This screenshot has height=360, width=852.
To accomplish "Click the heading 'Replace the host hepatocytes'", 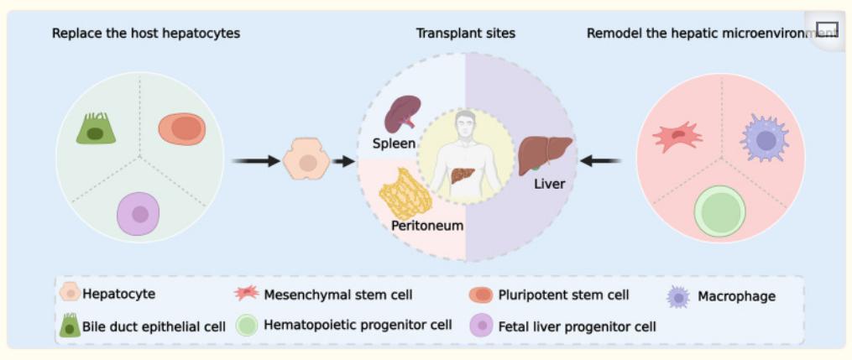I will click(145, 34).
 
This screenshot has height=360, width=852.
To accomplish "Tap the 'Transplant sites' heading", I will click(465, 34).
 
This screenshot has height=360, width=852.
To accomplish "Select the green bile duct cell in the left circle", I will click(96, 128).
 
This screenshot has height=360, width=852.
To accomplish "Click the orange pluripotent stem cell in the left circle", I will click(182, 129).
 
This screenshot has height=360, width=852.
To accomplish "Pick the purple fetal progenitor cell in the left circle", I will click(139, 213).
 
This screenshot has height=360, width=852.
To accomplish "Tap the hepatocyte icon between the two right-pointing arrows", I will click(306, 160).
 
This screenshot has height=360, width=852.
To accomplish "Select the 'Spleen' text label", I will click(394, 143).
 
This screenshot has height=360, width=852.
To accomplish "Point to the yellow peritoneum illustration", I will click(405, 195).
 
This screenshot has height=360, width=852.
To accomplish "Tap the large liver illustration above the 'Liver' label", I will click(545, 154).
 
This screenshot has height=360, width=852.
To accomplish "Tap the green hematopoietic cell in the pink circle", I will click(720, 211).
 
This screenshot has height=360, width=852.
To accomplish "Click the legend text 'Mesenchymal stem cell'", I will click(338, 295).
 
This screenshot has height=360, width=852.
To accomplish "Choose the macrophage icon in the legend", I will click(678, 297).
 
